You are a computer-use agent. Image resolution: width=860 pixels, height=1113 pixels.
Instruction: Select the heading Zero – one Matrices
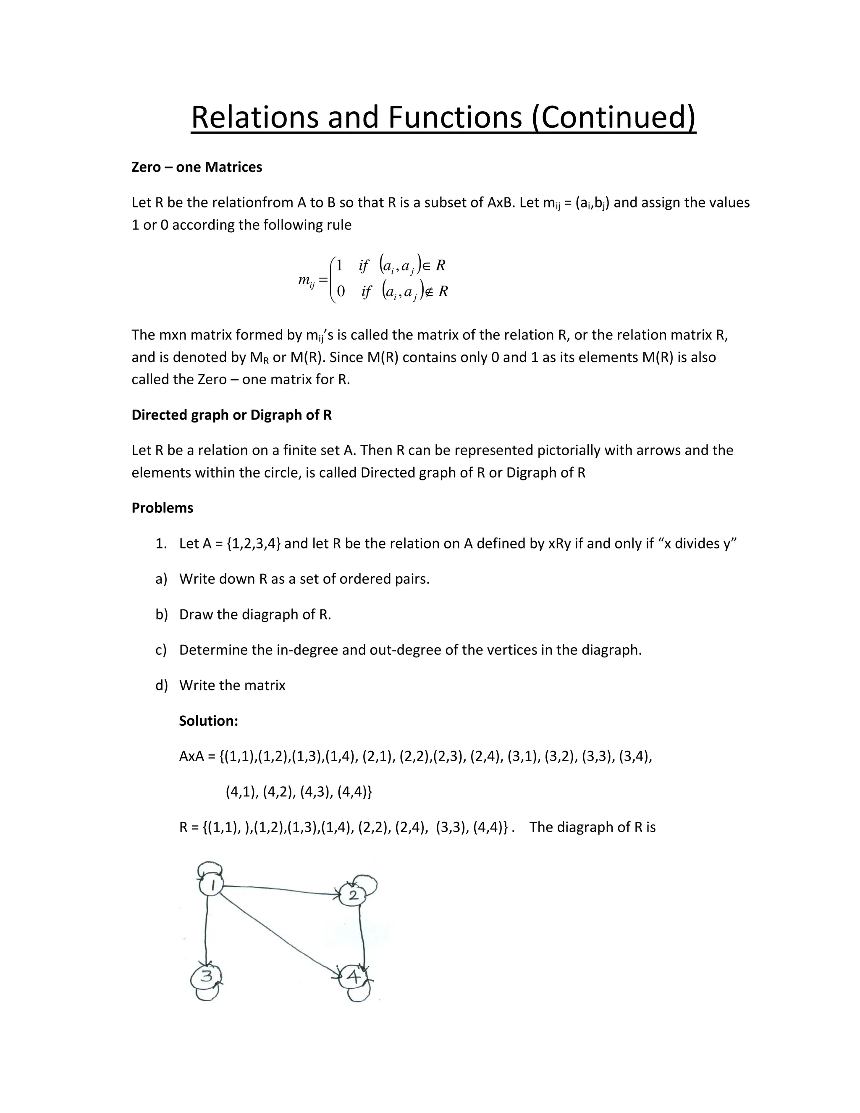(197, 167)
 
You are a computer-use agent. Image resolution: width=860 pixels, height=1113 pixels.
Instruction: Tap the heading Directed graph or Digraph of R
(231, 415)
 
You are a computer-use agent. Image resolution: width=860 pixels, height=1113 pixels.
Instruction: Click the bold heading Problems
(162, 508)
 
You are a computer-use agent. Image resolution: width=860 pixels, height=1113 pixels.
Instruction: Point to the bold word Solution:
(208, 721)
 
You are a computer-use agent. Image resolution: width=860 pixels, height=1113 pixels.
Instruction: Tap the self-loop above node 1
(210, 867)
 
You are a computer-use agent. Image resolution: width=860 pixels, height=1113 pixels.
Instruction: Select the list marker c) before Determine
(161, 650)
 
